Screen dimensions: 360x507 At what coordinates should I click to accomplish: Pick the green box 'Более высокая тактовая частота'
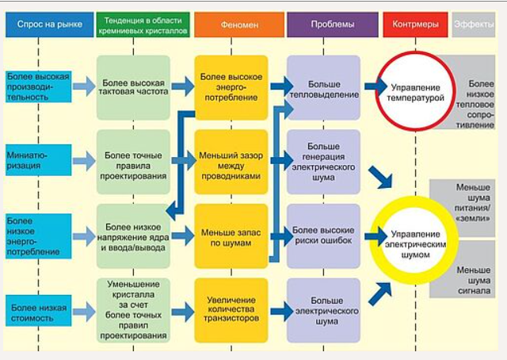point(133,86)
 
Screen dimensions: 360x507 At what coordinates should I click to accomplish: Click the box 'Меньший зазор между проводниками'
point(232,162)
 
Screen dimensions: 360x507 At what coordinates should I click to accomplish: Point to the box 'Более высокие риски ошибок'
point(323,236)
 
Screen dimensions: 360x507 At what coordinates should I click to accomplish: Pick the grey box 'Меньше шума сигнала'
point(474,283)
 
